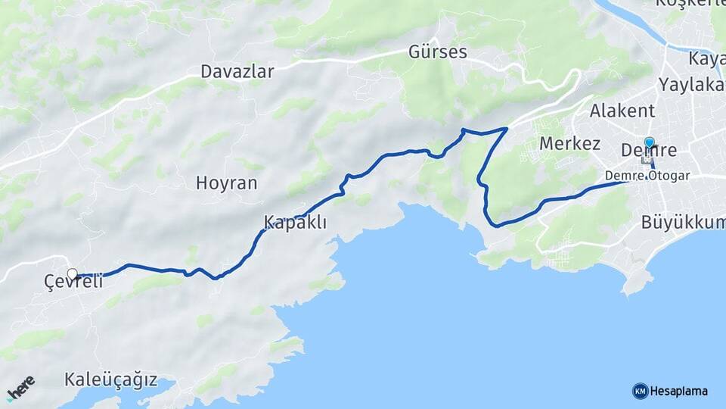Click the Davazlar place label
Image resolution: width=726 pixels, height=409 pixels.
point(237,71)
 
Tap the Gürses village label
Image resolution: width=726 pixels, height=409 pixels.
point(437,52)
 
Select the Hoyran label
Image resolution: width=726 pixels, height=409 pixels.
point(226,183)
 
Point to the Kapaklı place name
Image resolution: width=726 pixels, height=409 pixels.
point(295,222)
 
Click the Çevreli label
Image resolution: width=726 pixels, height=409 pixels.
point(73,283)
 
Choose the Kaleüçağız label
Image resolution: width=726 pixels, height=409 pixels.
point(110,379)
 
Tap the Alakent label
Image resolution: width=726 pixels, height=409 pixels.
point(622,111)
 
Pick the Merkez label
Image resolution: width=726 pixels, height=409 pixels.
point(569,143)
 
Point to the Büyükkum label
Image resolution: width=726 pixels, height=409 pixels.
point(682,223)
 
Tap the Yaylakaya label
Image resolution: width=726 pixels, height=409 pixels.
point(691,84)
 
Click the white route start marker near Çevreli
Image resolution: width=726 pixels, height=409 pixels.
point(73,274)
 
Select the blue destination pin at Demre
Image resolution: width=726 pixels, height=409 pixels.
point(649,142)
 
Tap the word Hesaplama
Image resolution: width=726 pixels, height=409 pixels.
point(679,391)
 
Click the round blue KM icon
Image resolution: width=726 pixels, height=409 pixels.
point(640,391)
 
